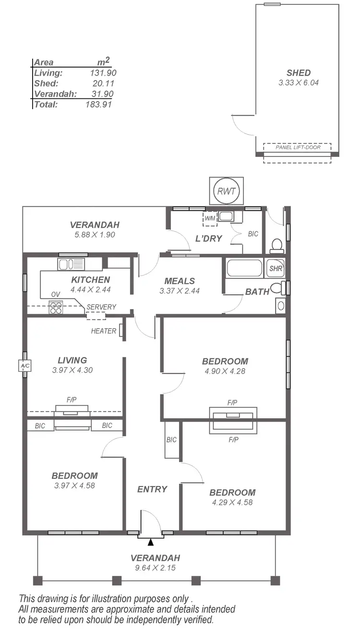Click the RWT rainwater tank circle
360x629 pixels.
226,190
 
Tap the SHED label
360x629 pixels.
299,73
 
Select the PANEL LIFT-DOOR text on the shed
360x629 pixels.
298,147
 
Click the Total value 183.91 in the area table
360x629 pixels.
98,104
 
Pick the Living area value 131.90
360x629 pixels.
103,73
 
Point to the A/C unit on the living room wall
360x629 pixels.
25,366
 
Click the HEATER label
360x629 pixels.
104,331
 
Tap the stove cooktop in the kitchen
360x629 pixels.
56,307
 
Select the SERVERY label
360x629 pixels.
101,307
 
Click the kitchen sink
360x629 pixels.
71,264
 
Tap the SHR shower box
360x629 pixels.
276,269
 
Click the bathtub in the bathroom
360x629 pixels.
244,268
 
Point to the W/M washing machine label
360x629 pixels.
210,218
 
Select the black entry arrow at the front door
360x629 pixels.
151,542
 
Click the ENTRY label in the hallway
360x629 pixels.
152,489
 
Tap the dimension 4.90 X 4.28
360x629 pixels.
225,371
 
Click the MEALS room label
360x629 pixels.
180,281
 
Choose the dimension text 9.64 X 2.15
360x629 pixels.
155,568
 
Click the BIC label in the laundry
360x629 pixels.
253,234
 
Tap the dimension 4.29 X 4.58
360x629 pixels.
232,502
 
